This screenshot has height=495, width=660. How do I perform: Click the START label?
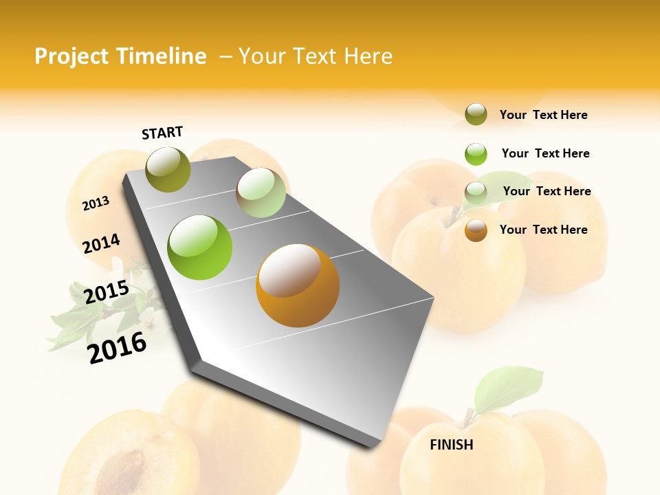point(162,133)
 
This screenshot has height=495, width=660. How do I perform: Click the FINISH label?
point(451,445)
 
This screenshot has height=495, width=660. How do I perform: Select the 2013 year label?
point(96,203)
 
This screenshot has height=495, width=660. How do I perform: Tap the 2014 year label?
point(101,244)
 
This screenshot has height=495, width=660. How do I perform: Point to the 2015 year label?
point(107,292)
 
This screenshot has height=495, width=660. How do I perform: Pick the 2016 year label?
point(117,348)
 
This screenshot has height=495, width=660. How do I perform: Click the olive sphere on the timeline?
point(168,169)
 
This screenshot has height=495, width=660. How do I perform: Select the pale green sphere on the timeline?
point(261,192)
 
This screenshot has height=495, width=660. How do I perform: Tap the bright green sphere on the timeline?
point(200,247)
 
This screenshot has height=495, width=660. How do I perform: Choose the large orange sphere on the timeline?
point(297,285)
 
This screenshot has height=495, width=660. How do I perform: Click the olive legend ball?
point(476,115)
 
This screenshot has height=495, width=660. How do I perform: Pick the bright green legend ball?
point(476,153)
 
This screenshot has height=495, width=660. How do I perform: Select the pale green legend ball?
point(476,192)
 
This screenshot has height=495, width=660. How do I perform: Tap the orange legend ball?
point(476,230)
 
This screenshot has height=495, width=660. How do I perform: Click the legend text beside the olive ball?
point(543,115)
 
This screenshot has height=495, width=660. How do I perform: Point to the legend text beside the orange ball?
point(543,230)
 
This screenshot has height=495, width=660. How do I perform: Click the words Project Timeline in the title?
point(120,56)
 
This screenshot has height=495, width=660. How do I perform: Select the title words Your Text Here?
point(315,56)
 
